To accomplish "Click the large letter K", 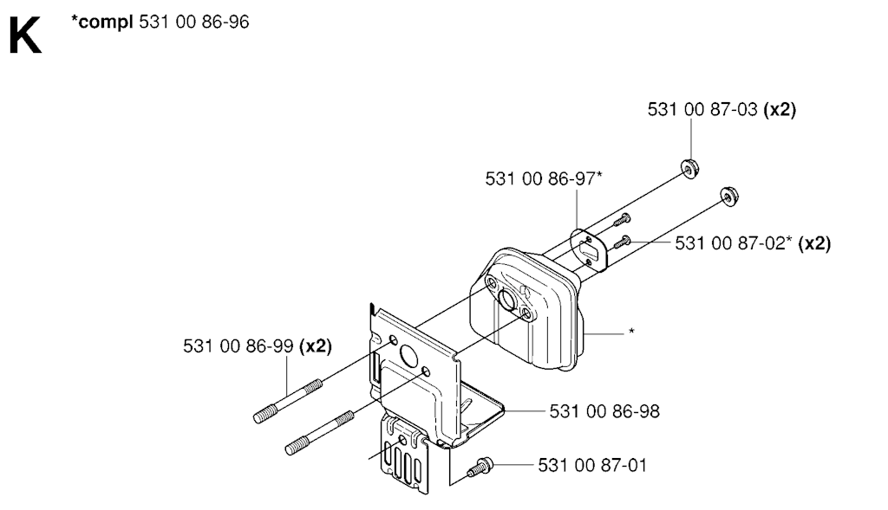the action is [25, 35].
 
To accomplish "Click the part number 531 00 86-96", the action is [193, 22].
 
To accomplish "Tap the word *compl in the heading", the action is [102, 23].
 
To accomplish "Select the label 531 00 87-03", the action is [702, 109].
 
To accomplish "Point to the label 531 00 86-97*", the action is [544, 178].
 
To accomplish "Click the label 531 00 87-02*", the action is [734, 243].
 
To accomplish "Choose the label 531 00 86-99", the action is [238, 345].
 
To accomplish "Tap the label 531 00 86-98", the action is [604, 411].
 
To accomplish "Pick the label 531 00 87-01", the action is [592, 465].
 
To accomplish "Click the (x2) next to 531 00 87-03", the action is [780, 109].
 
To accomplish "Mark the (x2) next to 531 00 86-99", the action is [316, 345].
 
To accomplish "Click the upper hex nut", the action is [689, 169].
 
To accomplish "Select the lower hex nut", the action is [728, 196].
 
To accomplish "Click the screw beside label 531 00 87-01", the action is [480, 467].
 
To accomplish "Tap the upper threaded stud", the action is [288, 401].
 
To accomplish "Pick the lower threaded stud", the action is [320, 433].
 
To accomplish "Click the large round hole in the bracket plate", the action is [408, 356].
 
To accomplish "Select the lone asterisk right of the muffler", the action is [631, 332].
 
